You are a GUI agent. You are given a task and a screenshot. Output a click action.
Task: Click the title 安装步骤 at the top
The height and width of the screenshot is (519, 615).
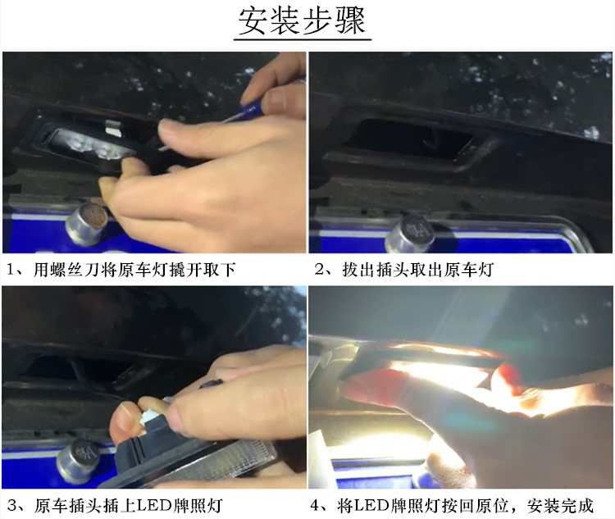pos(302,21)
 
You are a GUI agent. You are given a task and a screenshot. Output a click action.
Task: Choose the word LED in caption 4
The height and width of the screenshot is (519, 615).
pos(378,504)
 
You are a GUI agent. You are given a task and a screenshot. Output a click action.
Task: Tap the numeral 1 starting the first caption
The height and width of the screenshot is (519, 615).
pos(11,270)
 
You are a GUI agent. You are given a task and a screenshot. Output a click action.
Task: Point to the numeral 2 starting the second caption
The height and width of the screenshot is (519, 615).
pos(318,270)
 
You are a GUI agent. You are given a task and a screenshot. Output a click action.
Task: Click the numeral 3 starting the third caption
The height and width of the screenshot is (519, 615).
pos(11,504)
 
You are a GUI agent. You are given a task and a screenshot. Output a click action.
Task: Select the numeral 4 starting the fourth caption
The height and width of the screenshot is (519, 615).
pos(318,504)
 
